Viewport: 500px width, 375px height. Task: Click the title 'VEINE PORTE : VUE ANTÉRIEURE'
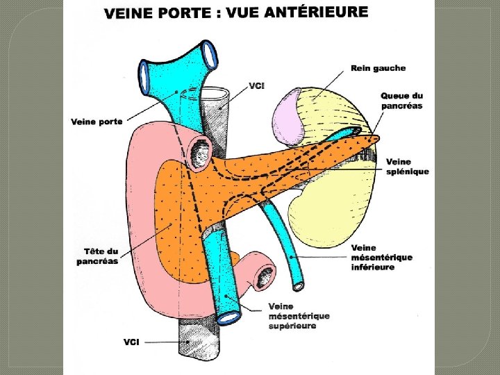(236, 12)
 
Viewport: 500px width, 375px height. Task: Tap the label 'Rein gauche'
(378, 68)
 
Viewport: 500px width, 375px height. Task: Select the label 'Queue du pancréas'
(402, 101)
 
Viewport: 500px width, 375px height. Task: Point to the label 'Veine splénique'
(408, 167)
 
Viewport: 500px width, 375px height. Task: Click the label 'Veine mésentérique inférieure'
(382, 258)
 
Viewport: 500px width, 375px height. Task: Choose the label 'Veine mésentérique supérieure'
(299, 316)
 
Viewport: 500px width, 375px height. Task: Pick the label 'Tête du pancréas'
(97, 256)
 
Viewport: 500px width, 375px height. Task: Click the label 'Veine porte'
(97, 122)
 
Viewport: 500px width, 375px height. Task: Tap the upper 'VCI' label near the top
(257, 86)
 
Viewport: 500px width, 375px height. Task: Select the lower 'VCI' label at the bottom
(133, 342)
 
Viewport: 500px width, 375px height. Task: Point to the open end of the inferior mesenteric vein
(298, 285)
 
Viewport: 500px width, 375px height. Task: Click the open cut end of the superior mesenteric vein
(228, 318)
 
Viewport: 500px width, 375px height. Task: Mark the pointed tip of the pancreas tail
(377, 140)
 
